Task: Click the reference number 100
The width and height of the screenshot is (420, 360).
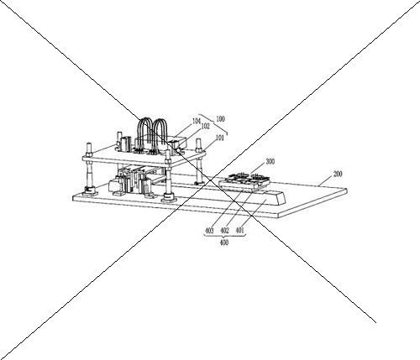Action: click(220, 119)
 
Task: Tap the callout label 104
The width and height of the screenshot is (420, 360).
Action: click(197, 121)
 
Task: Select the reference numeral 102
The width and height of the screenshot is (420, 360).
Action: click(205, 127)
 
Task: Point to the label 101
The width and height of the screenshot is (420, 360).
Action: click(219, 138)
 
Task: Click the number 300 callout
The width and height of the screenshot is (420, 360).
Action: click(270, 162)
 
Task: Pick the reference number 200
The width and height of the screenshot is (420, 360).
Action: click(338, 174)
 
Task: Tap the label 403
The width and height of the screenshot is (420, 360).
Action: click(209, 231)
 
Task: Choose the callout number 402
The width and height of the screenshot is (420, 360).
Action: click(225, 231)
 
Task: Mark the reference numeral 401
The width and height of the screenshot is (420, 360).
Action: click(240, 231)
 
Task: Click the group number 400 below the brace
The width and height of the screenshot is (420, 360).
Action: click(224, 243)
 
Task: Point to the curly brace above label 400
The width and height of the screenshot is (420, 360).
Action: click(224, 236)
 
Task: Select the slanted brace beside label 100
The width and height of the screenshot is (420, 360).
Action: click(213, 124)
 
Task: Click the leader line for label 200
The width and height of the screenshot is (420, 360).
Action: click(326, 182)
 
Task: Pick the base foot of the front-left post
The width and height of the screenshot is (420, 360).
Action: click(91, 191)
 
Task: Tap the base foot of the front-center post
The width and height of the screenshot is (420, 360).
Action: click(169, 198)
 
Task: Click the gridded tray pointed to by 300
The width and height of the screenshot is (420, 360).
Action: click(244, 181)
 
